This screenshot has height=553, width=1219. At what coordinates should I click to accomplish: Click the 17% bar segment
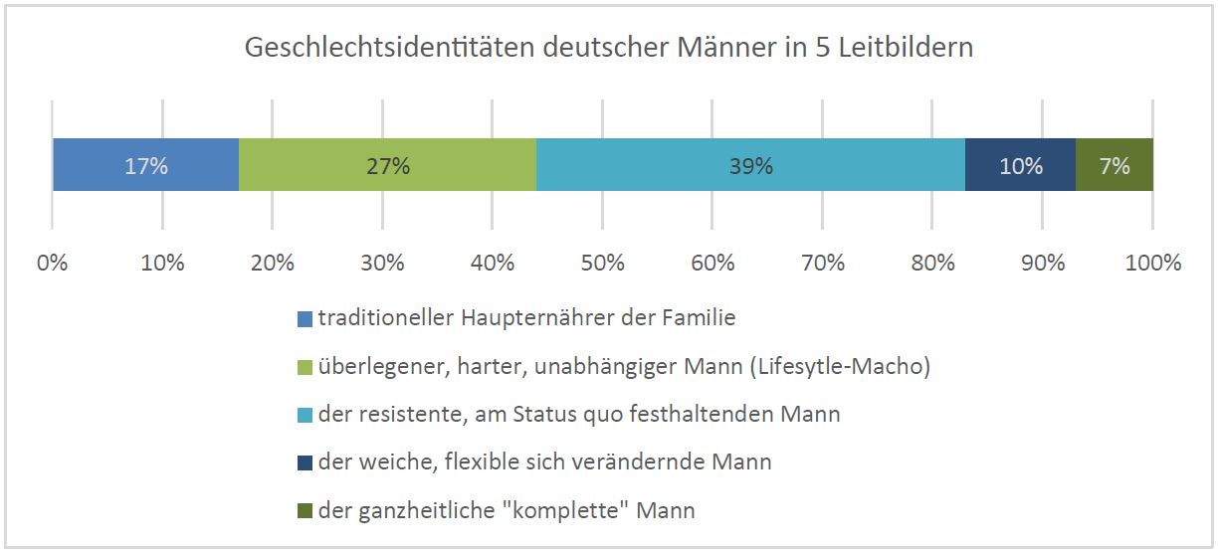click(146, 165)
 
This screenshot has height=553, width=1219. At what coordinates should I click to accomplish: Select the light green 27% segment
click(387, 165)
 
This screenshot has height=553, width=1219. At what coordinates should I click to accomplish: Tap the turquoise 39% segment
click(751, 165)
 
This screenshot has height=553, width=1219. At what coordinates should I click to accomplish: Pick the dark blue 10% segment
click(1020, 165)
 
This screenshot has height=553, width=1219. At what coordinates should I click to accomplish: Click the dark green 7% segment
click(1115, 165)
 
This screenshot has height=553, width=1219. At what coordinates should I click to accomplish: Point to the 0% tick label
click(52, 264)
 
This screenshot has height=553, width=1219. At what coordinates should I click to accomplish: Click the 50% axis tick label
click(602, 264)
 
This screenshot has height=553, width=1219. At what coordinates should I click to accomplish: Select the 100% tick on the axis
click(1153, 264)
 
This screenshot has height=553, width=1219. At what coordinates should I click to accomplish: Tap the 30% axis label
click(382, 264)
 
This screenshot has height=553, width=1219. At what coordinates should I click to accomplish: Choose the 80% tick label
click(932, 264)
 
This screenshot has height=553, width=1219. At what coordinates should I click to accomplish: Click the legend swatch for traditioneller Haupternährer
click(305, 319)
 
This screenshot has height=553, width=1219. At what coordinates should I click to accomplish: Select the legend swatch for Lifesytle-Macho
click(305, 368)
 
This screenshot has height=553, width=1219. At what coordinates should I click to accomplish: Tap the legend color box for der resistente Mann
click(305, 416)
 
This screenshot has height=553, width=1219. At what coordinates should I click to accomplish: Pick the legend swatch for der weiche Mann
click(305, 463)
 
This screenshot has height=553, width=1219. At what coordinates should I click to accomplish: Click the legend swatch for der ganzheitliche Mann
click(305, 511)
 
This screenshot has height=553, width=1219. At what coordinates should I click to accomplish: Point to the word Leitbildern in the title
click(906, 47)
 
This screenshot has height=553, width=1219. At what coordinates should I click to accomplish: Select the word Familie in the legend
click(699, 317)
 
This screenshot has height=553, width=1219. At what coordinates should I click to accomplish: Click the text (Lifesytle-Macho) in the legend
click(840, 366)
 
